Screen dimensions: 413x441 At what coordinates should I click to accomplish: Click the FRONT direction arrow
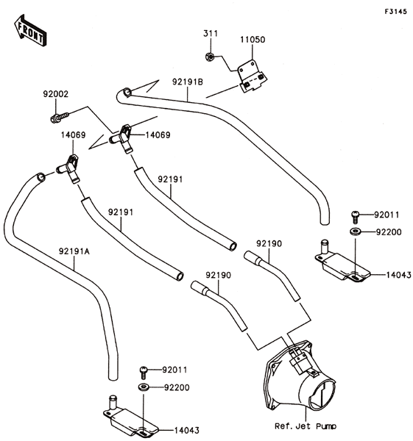click(30, 30)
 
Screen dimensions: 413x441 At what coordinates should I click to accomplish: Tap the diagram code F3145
click(396, 12)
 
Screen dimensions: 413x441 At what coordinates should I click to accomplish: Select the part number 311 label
click(211, 34)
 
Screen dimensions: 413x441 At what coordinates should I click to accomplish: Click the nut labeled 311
click(209, 57)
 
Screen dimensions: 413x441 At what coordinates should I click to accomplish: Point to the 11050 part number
click(253, 40)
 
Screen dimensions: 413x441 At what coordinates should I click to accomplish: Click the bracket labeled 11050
click(252, 76)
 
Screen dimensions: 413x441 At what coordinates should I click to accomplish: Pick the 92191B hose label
click(188, 82)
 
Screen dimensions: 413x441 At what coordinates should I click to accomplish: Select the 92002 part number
click(56, 94)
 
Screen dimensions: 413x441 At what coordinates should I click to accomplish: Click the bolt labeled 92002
click(60, 118)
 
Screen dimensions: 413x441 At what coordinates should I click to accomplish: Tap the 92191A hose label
click(74, 251)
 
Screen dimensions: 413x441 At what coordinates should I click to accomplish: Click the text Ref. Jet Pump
click(306, 426)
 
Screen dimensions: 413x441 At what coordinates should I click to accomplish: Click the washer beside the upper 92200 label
click(356, 232)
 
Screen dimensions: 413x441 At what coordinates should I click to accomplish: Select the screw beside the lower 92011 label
click(144, 373)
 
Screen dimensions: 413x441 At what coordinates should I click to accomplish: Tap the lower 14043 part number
click(187, 430)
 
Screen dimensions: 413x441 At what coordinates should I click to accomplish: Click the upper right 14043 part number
click(398, 275)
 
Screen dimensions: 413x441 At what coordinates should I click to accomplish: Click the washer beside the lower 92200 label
click(144, 387)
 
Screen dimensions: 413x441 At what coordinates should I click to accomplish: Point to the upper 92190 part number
click(269, 243)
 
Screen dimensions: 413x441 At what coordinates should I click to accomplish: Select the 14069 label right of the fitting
click(158, 135)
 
